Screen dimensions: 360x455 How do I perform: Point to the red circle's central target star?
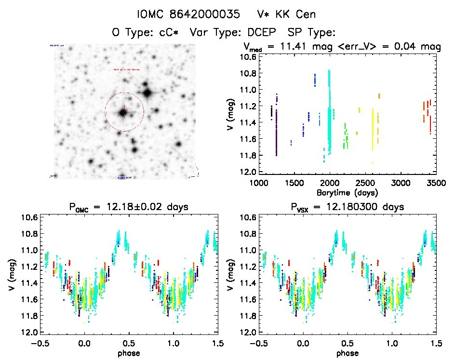tap(123, 112)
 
